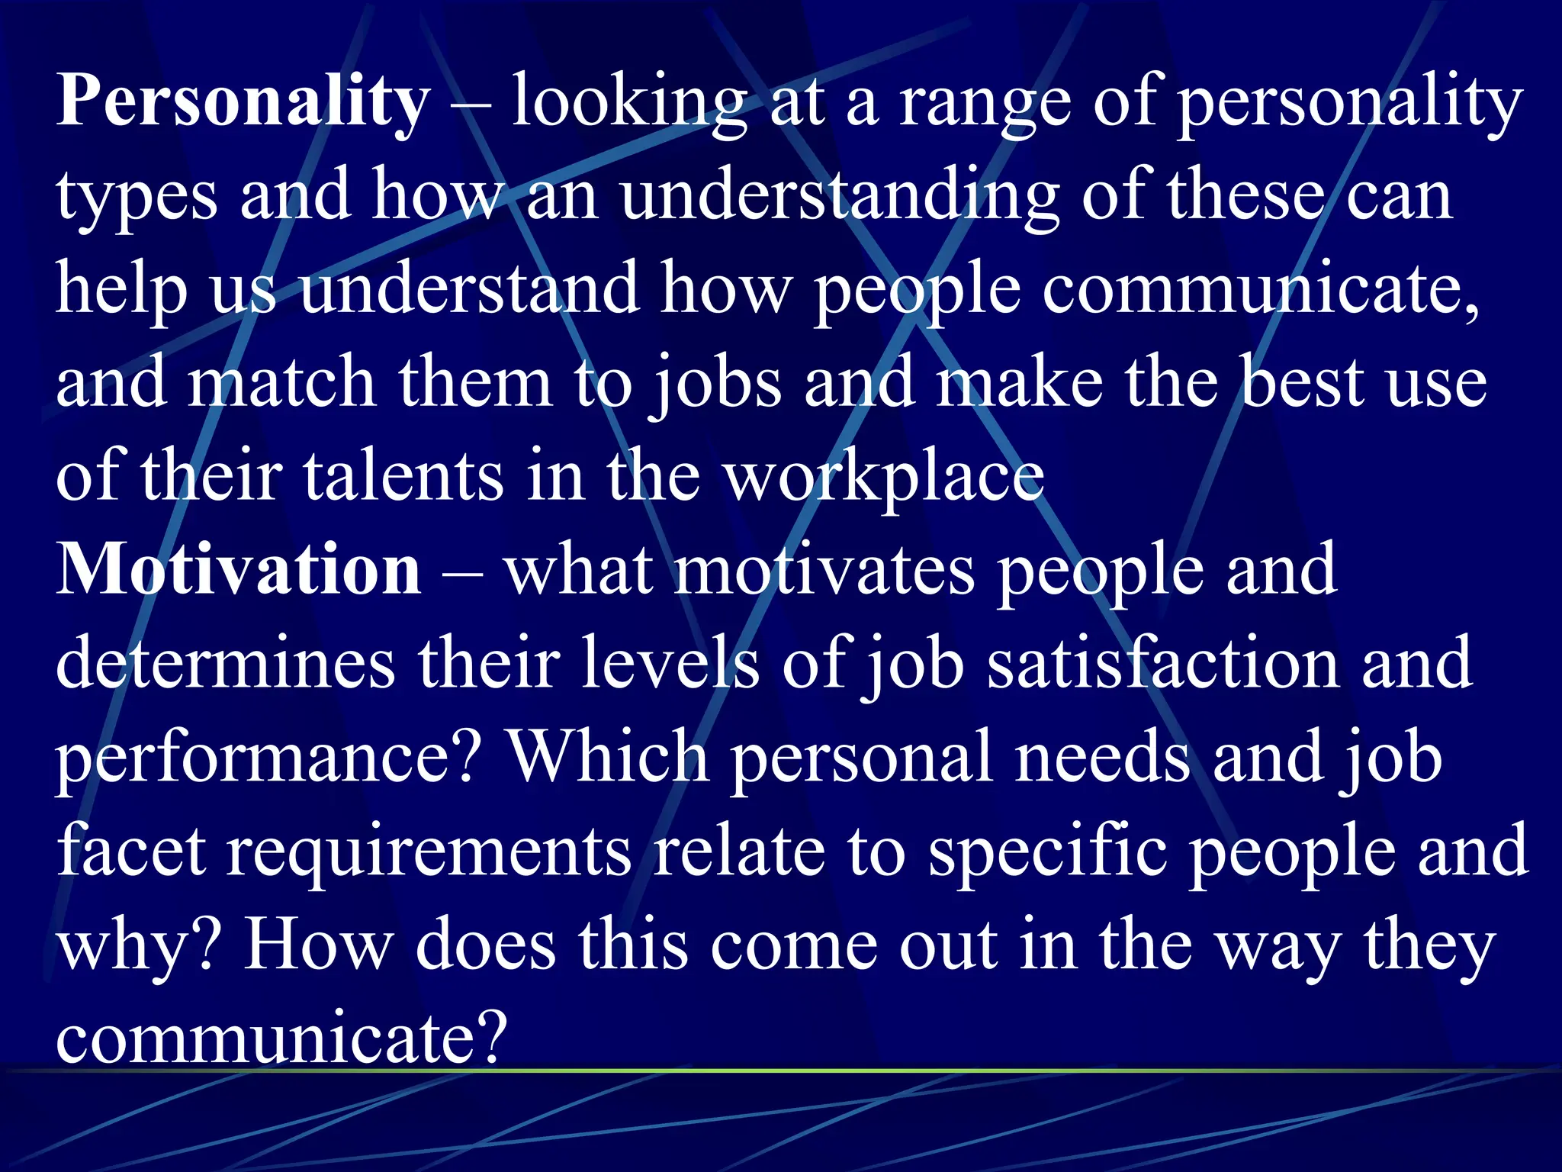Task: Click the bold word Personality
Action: click(x=243, y=103)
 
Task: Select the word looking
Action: click(x=628, y=103)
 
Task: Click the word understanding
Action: click(x=839, y=197)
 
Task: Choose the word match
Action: click(x=282, y=382)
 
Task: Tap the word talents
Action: click(x=403, y=475)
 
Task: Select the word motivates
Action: click(x=824, y=571)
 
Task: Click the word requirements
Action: click(x=429, y=853)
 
